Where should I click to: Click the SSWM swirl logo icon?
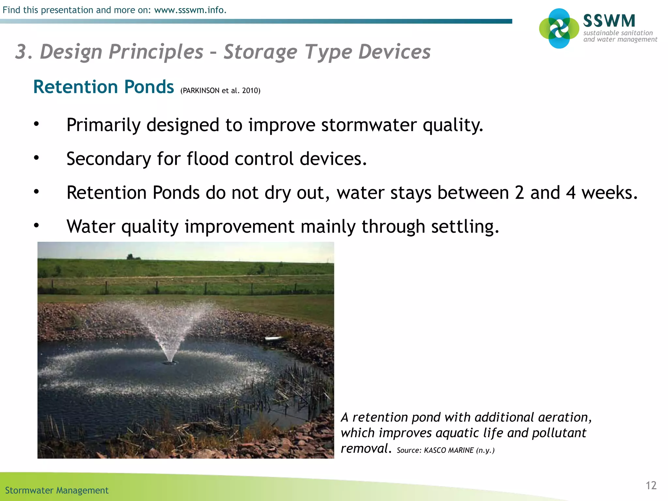(559, 28)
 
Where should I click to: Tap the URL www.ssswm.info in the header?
(190, 10)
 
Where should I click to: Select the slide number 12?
(651, 485)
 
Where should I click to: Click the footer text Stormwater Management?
(57, 490)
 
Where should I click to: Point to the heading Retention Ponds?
(104, 87)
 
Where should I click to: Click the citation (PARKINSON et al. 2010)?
(220, 91)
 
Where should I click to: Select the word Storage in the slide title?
(260, 52)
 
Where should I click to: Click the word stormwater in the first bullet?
(369, 125)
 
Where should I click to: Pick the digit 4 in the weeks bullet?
(570, 192)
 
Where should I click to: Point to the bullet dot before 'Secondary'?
(36, 158)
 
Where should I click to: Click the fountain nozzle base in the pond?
(170, 361)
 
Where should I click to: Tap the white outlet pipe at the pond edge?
(273, 339)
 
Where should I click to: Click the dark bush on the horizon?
(131, 257)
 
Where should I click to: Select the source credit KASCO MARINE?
(448, 450)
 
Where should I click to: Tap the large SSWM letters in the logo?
(609, 21)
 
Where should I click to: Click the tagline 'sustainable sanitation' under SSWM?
(618, 33)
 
